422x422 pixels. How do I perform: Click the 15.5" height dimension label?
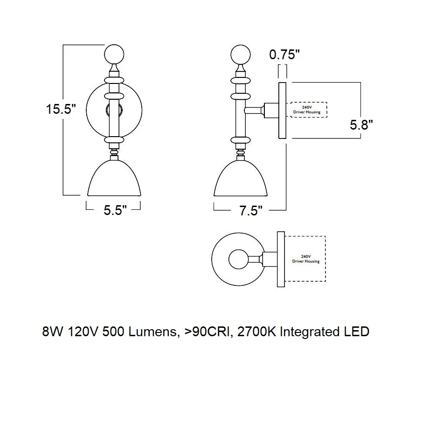pyautogui.click(x=61, y=109)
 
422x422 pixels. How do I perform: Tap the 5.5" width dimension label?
pyautogui.click(x=115, y=210)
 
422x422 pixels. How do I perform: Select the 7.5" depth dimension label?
pyautogui.click(x=251, y=211)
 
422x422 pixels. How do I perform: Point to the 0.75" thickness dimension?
pyautogui.click(x=284, y=55)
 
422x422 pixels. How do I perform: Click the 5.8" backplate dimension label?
pyautogui.click(x=361, y=125)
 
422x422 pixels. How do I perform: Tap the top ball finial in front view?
pyautogui.click(x=114, y=55)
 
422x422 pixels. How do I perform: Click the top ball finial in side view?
pyautogui.click(x=241, y=55)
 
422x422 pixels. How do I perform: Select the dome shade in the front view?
pyautogui.click(x=114, y=178)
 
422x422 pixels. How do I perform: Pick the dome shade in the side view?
pyautogui.click(x=241, y=178)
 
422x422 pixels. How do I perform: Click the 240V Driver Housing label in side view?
pyautogui.click(x=307, y=110)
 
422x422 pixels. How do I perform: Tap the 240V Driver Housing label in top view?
pyautogui.click(x=306, y=259)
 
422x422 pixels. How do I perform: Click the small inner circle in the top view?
pyautogui.click(x=238, y=259)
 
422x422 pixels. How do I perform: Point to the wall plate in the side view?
pyautogui.click(x=282, y=111)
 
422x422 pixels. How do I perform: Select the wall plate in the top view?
pyautogui.click(x=281, y=259)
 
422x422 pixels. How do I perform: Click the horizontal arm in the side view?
pyautogui.click(x=254, y=111)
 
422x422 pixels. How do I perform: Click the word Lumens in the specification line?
pyautogui.click(x=154, y=332)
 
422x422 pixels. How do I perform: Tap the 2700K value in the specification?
pyautogui.click(x=257, y=332)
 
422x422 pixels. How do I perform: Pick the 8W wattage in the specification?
pyautogui.click(x=53, y=332)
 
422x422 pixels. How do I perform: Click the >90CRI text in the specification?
pyautogui.click(x=207, y=332)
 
